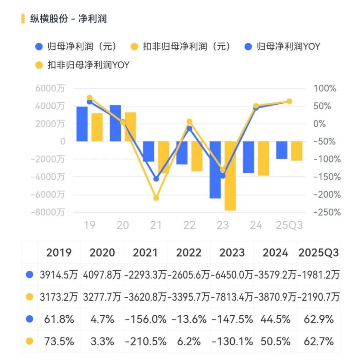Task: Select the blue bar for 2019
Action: point(82,124)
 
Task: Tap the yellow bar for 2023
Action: point(230,176)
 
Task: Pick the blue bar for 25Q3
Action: point(282,150)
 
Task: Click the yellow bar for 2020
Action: point(130,127)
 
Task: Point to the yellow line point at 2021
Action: point(156,198)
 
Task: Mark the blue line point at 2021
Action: point(156,179)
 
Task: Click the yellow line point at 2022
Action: point(189,122)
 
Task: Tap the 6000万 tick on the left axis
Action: point(50,89)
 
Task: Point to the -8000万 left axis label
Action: point(48,212)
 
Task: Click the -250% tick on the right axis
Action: point(327,212)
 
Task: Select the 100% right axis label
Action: point(325,89)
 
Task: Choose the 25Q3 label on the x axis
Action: point(289,225)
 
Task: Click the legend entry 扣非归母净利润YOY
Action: point(88,65)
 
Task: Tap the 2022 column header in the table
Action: point(189,253)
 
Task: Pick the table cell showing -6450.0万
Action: point(232,275)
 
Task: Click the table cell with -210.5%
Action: point(146,342)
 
